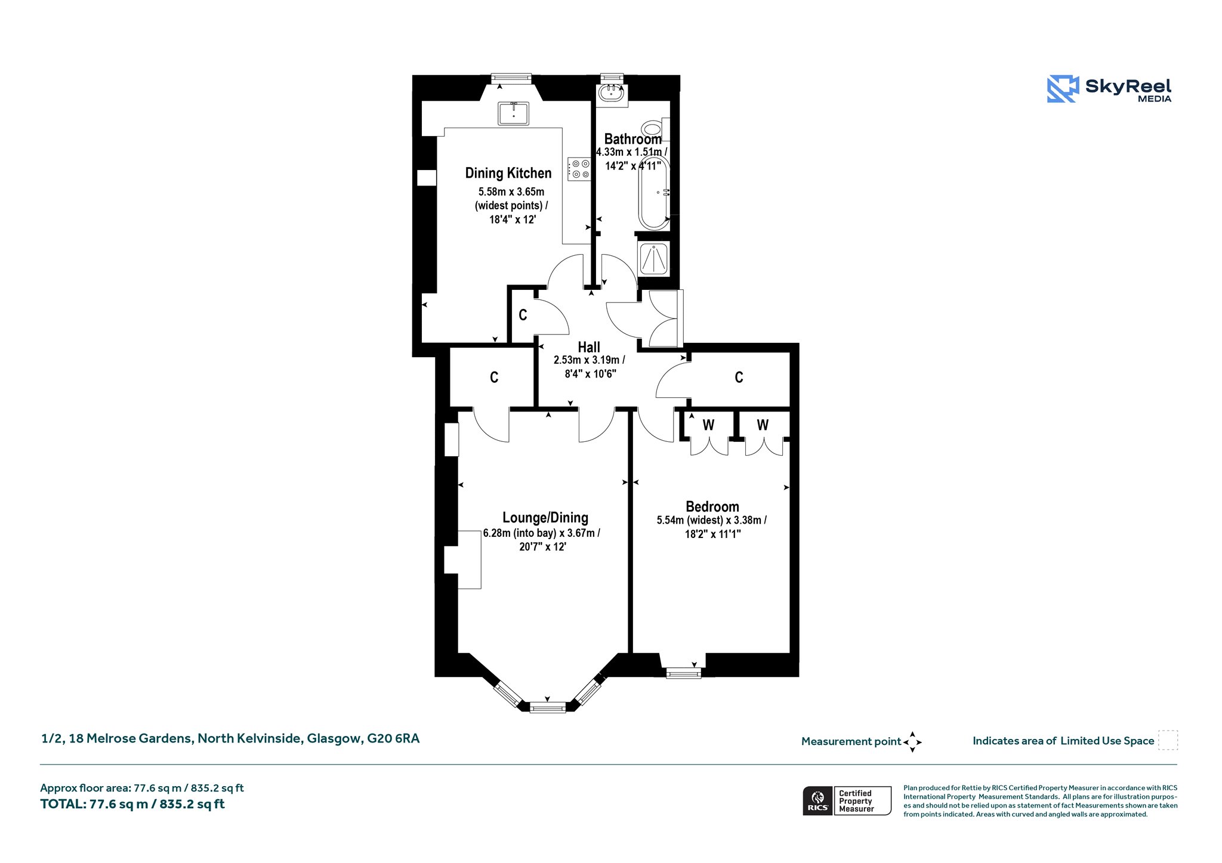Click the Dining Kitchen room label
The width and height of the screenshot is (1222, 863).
tap(508, 173)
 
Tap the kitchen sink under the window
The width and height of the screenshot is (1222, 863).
tap(513, 113)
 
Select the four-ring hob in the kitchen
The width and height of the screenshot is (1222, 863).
tap(579, 169)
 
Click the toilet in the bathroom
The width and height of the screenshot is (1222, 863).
tap(655, 128)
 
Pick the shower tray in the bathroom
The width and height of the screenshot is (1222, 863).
tap(653, 258)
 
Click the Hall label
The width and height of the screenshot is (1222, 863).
tap(589, 347)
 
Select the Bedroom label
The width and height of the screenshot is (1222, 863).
tap(712, 506)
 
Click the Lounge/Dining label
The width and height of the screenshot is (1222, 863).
tap(545, 518)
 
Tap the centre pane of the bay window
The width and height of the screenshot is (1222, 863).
tap(548, 708)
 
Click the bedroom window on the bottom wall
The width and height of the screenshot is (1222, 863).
tap(684, 673)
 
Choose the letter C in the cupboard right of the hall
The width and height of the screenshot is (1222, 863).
tap(739, 377)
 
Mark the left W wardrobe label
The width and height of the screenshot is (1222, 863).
tap(708, 425)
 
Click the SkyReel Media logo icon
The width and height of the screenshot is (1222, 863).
tap(1063, 89)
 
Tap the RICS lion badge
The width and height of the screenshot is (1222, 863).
tap(818, 800)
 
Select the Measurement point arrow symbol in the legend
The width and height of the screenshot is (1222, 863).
tap(912, 742)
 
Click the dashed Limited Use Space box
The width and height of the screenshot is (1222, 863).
tap(1168, 740)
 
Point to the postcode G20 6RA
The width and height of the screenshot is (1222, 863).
tap(393, 738)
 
